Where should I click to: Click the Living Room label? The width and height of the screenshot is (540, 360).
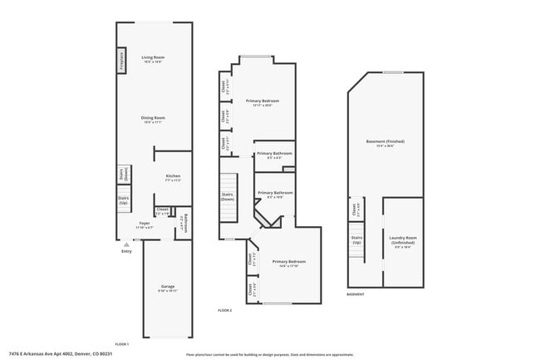(153, 59)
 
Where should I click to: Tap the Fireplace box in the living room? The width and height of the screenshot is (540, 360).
(121, 61)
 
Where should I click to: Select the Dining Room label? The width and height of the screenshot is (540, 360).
(153, 120)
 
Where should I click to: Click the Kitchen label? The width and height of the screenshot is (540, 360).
(173, 178)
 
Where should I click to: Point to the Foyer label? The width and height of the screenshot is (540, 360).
(145, 224)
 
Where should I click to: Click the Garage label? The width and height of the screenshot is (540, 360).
(167, 288)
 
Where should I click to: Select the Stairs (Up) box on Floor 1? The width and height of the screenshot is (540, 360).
(123, 200)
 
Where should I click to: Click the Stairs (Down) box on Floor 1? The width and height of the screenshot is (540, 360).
(123, 176)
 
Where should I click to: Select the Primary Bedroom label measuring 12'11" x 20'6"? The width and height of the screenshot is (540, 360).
(262, 102)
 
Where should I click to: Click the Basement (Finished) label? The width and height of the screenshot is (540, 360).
(385, 143)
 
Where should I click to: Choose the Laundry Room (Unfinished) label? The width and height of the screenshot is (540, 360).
(404, 243)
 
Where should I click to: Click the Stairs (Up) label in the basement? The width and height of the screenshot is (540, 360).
(356, 240)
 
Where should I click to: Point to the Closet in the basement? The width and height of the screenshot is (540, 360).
(355, 209)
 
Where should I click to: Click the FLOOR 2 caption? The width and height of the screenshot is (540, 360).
(225, 310)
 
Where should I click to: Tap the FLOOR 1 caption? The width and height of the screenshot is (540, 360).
(121, 344)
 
